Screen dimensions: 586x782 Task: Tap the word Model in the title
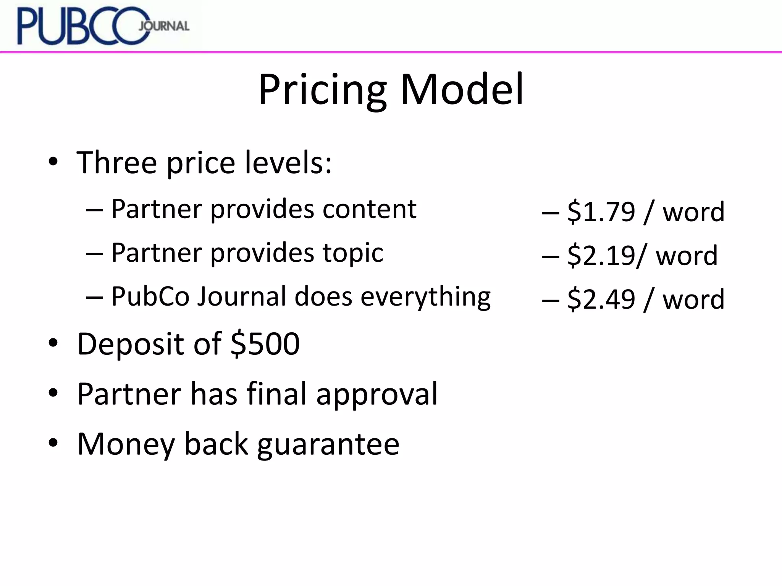point(462,90)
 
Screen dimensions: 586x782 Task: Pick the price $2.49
point(601,299)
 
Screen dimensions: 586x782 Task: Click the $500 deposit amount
point(265,344)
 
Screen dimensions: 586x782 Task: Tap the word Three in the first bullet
point(117,163)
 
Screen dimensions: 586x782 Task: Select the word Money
point(126,444)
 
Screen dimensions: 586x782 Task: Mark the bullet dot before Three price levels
point(53,162)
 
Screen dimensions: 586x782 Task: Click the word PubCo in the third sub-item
point(150,296)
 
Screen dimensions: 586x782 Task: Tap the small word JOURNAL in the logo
point(164,26)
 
